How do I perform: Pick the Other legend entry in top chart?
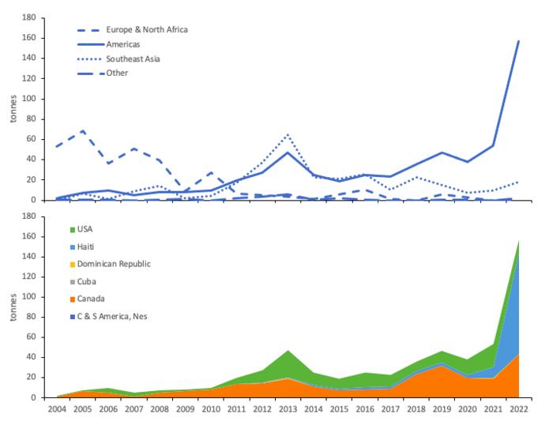pos(116,73)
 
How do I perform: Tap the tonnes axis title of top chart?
pos(12,109)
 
